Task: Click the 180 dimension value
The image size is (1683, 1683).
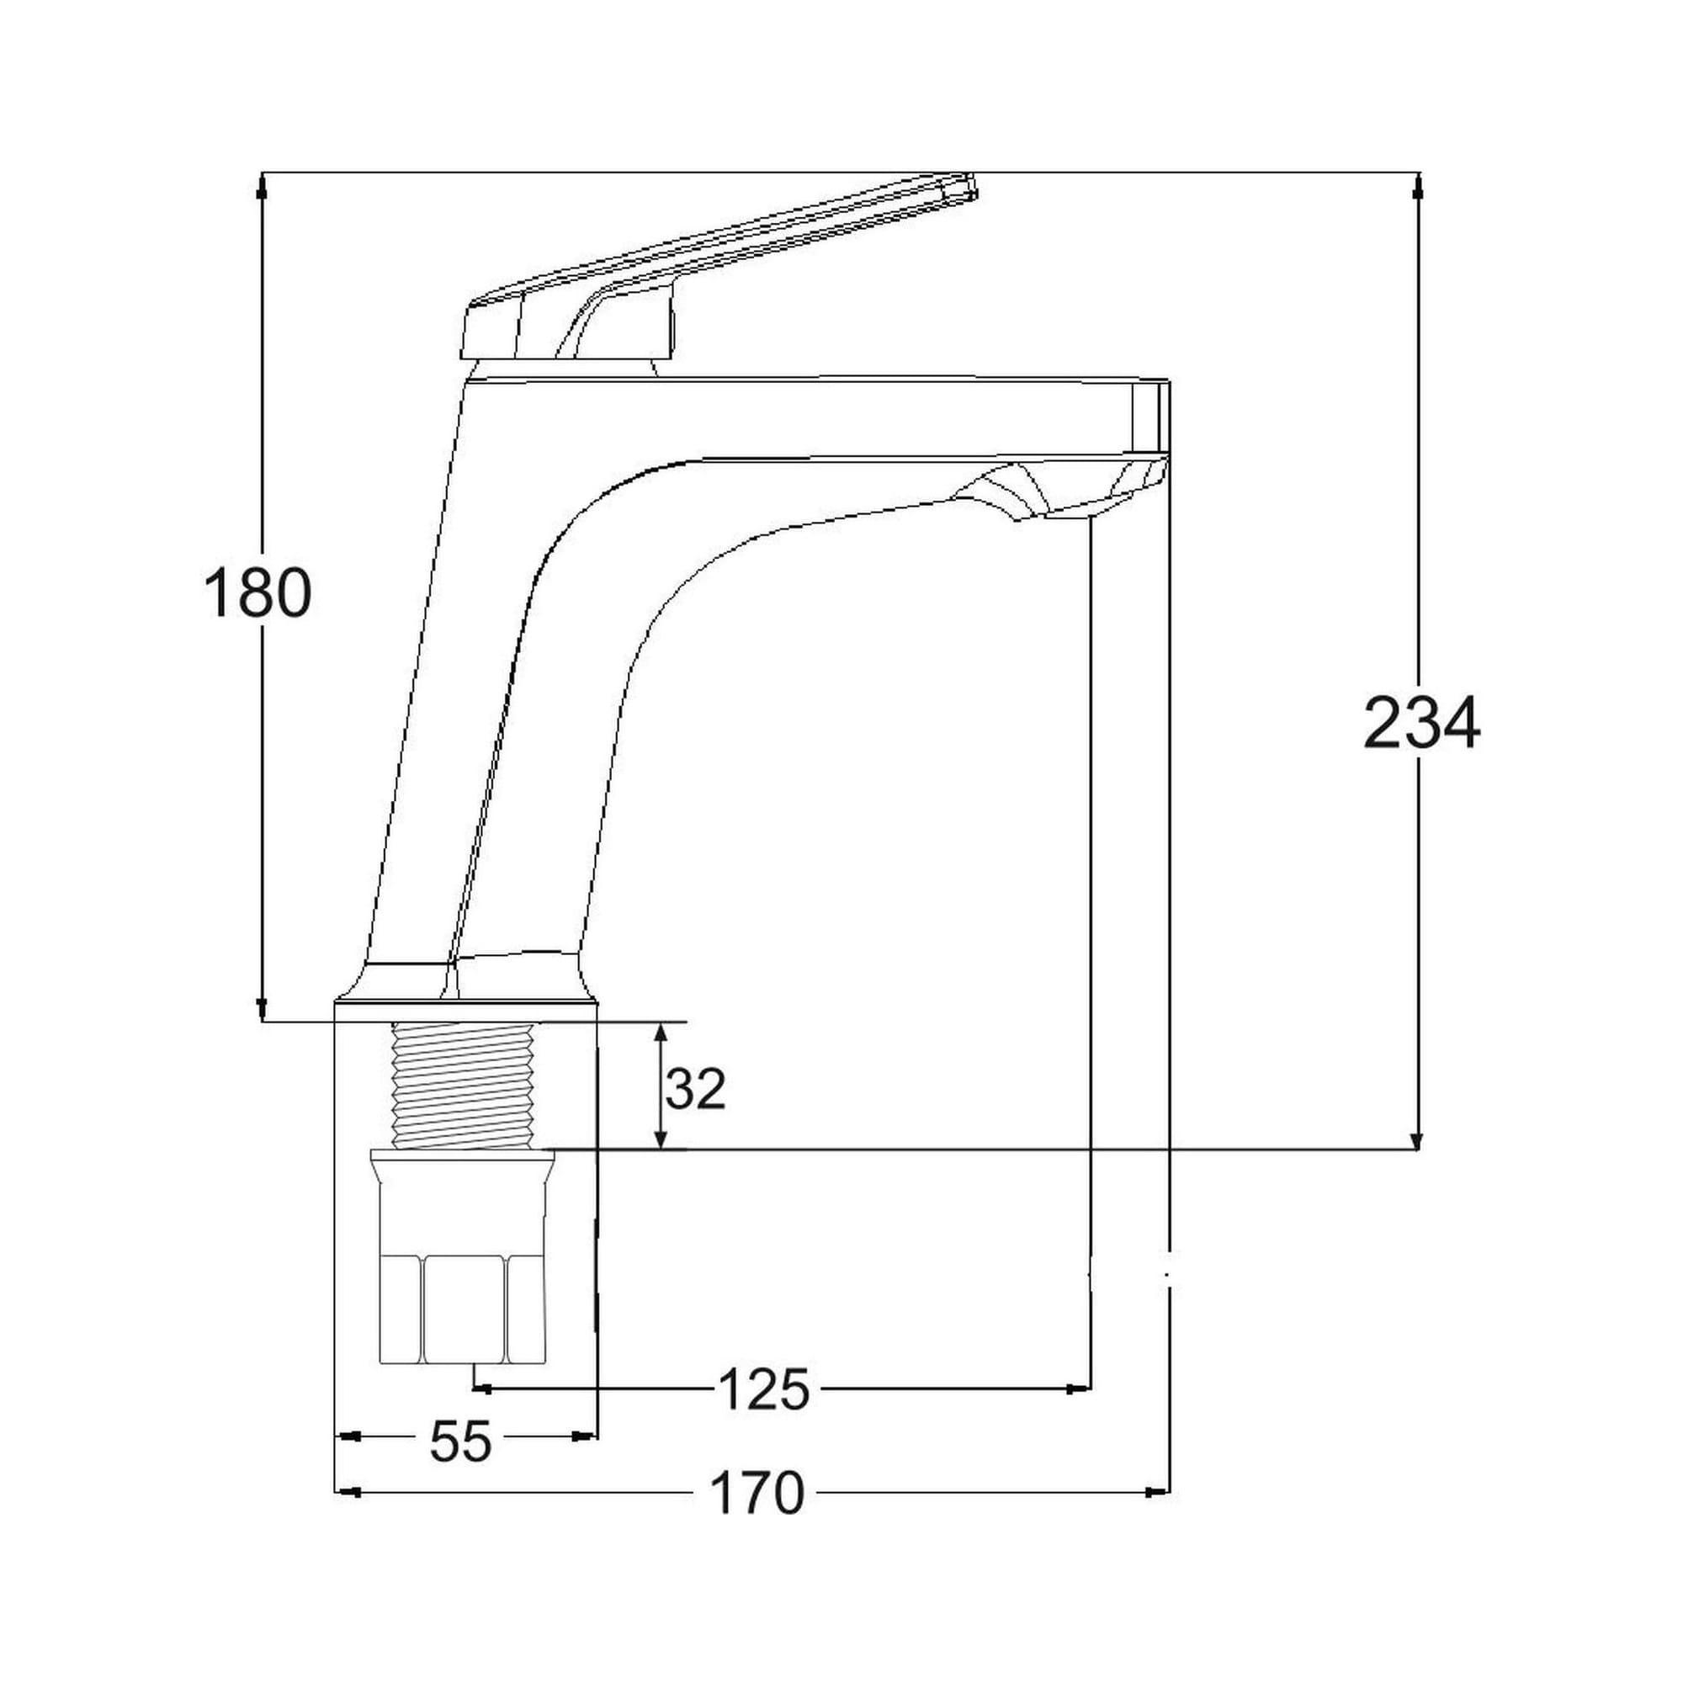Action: coord(257,593)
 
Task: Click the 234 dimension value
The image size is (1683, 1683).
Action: coord(1420,723)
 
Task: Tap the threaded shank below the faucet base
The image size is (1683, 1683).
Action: coord(463,1086)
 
